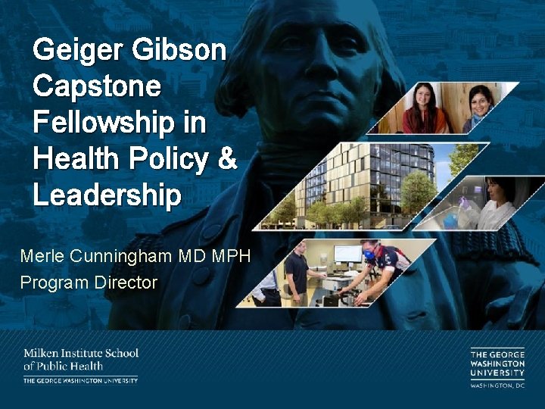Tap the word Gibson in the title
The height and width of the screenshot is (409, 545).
pos(179,52)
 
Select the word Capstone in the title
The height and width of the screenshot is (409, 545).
pos(97,87)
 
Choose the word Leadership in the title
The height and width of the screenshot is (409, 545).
pos(107,196)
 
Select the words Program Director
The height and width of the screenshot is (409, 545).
pos(89,283)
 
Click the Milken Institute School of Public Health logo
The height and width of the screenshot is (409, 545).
pos(80,366)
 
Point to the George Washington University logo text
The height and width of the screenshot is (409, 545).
pos(497,363)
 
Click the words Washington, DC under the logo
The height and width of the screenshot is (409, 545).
pos(497,385)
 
